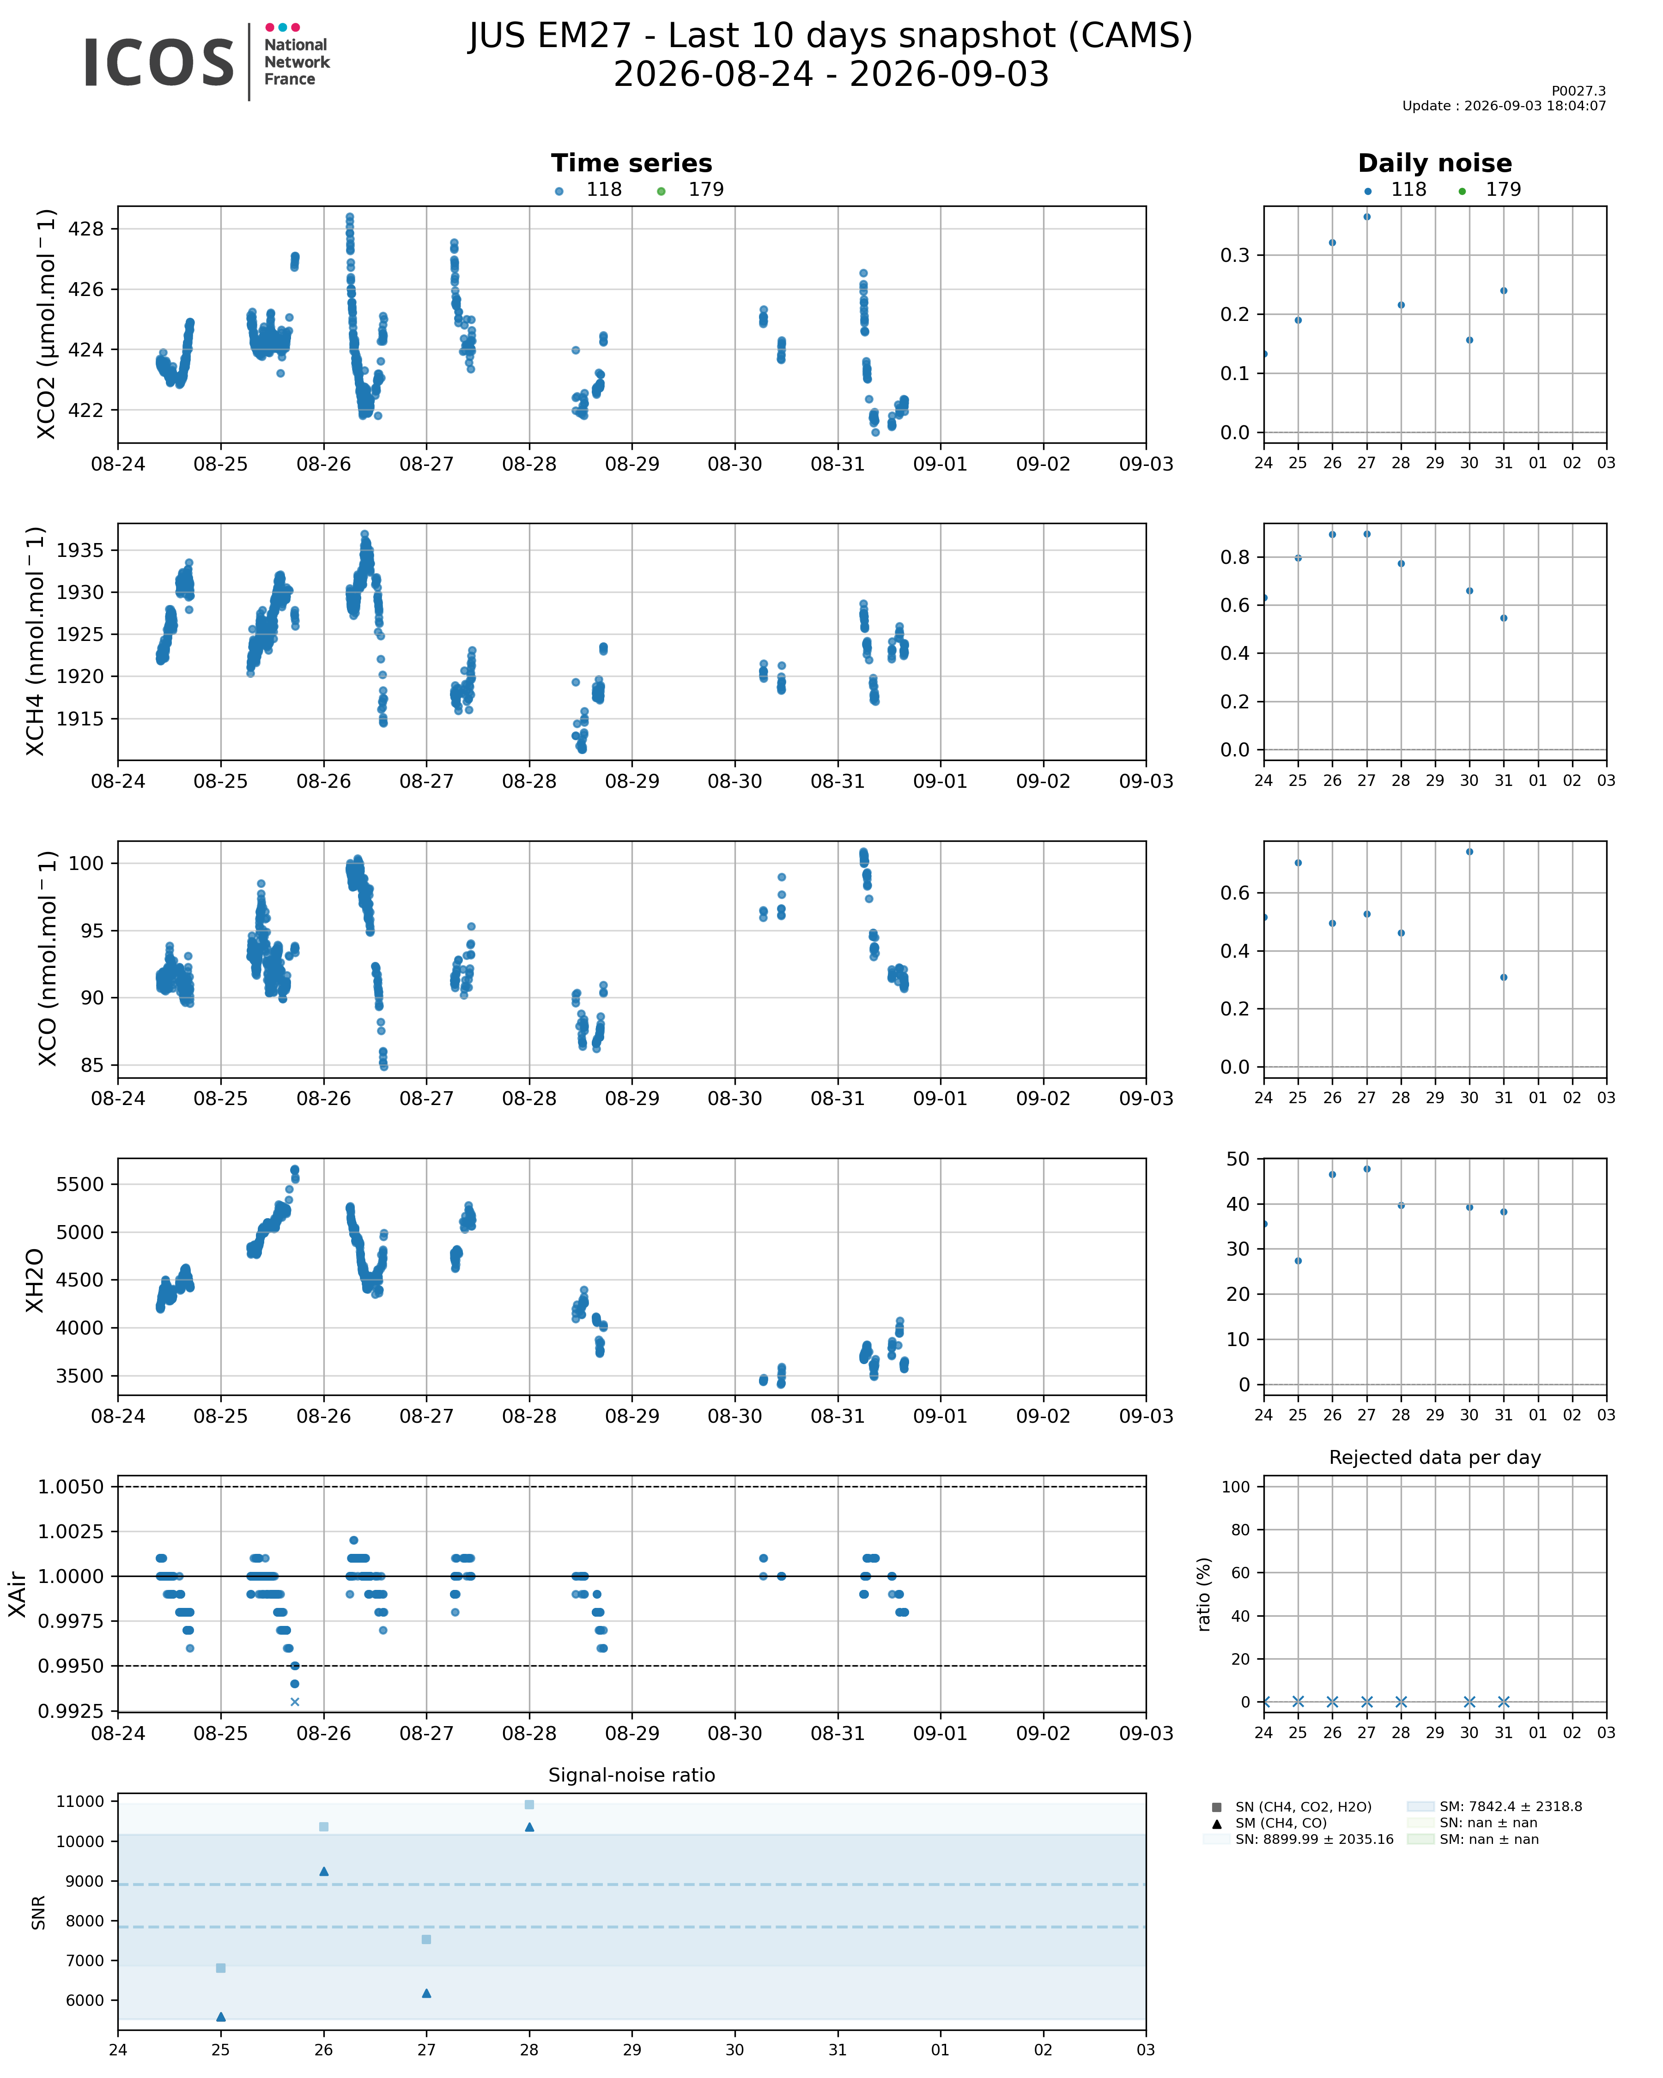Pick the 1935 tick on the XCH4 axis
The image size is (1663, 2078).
[81, 550]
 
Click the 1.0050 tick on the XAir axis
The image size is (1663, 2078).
[71, 1487]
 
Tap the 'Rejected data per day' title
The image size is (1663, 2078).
[1434, 1457]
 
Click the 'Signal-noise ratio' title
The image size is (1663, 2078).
[631, 1776]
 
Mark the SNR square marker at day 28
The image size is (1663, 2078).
[529, 1804]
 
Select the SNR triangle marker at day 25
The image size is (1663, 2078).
[221, 2016]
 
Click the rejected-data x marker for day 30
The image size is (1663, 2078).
[1469, 1702]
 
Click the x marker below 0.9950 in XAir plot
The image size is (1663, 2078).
[295, 1702]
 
